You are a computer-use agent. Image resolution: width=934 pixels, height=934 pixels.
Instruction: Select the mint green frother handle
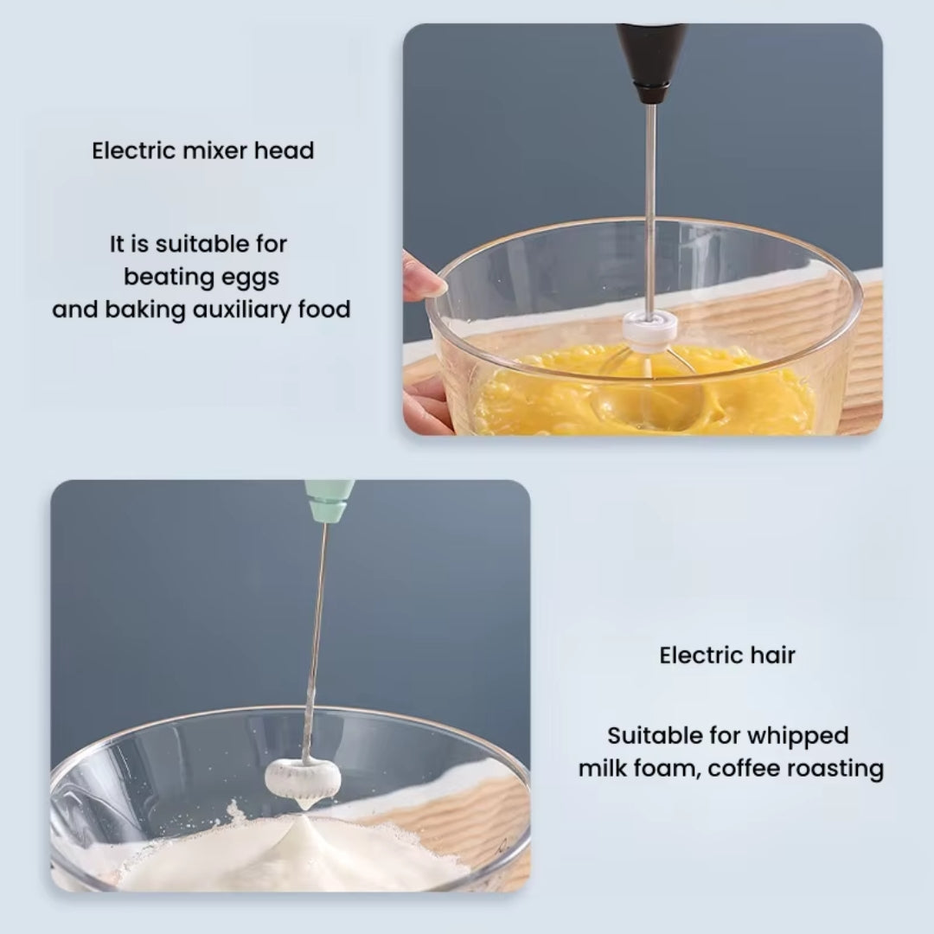click(329, 500)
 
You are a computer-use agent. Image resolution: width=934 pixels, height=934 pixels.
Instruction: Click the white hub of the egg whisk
click(649, 328)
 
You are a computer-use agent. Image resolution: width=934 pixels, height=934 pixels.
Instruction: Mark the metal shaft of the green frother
click(317, 631)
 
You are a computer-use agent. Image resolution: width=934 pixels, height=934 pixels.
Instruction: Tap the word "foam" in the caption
click(666, 769)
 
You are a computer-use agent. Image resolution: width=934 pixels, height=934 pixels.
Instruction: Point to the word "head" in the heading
click(285, 150)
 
